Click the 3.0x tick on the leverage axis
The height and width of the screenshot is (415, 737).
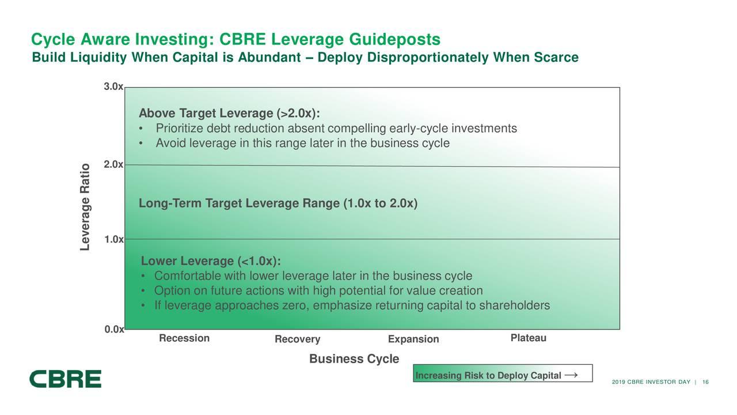(113, 86)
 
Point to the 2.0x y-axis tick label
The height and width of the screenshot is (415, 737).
(113, 164)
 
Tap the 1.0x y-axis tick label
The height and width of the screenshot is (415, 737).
(114, 239)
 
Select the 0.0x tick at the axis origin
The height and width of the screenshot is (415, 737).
(114, 329)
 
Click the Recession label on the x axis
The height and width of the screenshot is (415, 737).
(184, 338)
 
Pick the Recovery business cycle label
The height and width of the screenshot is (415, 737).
(298, 339)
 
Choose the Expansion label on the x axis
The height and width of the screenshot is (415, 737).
(413, 339)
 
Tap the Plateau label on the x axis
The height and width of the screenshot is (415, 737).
(529, 338)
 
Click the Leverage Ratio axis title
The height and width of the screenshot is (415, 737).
(85, 207)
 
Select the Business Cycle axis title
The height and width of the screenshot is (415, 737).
(354, 359)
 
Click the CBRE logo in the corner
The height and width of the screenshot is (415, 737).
(65, 379)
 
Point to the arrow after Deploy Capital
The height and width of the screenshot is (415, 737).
(571, 375)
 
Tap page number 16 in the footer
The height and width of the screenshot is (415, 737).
(705, 382)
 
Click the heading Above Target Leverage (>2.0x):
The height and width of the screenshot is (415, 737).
(229, 114)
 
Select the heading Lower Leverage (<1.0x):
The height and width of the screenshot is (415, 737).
(211, 261)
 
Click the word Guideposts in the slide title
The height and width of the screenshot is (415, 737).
(394, 40)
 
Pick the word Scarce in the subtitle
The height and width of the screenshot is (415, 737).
(556, 57)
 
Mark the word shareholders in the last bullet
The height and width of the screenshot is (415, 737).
(515, 305)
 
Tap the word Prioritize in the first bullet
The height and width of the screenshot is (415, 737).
(179, 129)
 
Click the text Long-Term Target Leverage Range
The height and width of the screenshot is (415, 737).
(239, 203)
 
